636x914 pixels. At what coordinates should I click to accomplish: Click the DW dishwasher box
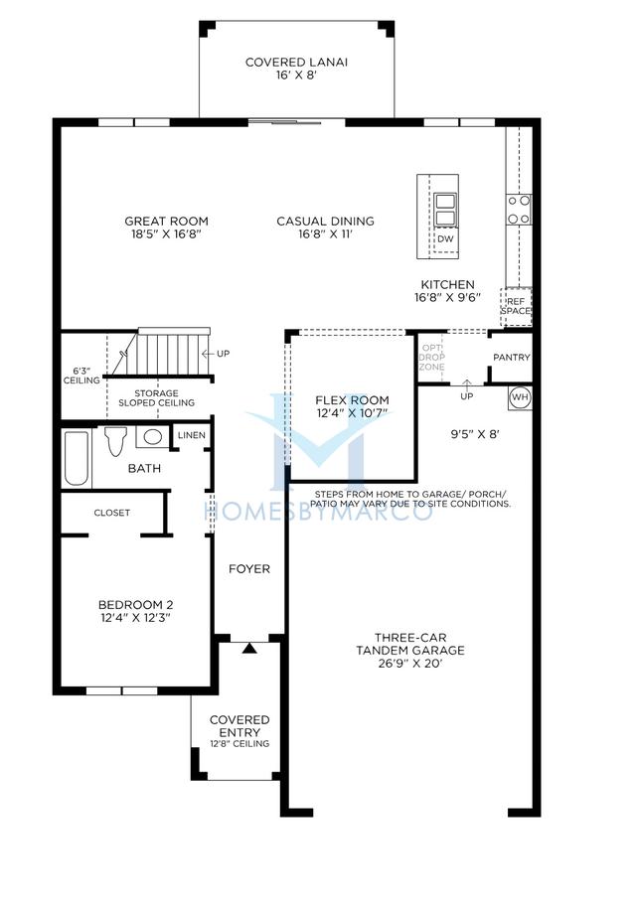pos(445,239)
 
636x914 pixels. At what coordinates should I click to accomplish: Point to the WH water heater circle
pos(520,397)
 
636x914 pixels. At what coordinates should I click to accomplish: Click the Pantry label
pos(511,358)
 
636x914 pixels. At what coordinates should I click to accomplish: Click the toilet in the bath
pos(115,442)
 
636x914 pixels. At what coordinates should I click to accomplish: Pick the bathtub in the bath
pos(77,458)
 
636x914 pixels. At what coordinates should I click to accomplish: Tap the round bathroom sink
pos(153,436)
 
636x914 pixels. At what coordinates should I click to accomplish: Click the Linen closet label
pos(191,435)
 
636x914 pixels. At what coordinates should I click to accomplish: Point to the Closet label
pos(112,513)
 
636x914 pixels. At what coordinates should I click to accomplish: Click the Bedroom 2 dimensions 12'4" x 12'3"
pos(136,618)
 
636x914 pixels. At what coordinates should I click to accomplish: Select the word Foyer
pos(248,569)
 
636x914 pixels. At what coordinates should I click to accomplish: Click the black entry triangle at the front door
pos(249,648)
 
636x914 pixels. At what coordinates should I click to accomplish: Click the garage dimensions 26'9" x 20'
pos(410,664)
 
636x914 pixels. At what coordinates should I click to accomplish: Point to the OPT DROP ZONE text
pos(432,358)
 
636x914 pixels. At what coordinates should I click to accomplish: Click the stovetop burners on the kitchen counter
pos(519,210)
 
